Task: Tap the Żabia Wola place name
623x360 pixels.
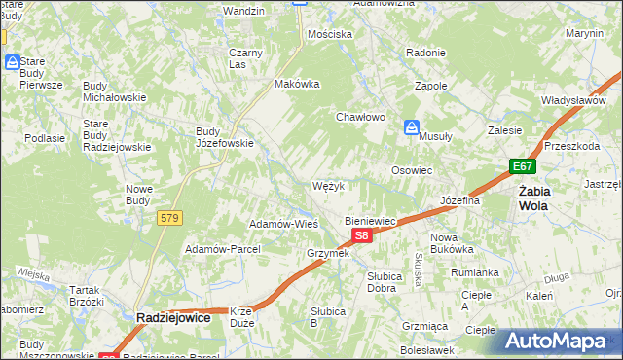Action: [x=533, y=198]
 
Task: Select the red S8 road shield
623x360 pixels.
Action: [x=361, y=235]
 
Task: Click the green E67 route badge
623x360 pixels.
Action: [x=523, y=167]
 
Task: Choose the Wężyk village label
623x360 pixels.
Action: [x=328, y=185]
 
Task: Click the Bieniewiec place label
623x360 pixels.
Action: [x=371, y=221]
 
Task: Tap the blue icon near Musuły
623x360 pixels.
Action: [x=413, y=127]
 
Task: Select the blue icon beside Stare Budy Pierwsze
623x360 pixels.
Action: [x=13, y=62]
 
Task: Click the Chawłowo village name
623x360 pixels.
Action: [x=361, y=117]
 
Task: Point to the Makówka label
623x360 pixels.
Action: [x=298, y=84]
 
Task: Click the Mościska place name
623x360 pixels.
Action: [x=329, y=34]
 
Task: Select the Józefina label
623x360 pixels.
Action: [x=461, y=200]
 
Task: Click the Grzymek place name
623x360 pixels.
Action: [x=327, y=253]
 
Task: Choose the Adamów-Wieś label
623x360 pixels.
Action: [x=284, y=223]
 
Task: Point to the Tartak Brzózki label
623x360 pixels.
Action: [x=86, y=296]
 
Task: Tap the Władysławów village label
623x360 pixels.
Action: [x=574, y=100]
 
